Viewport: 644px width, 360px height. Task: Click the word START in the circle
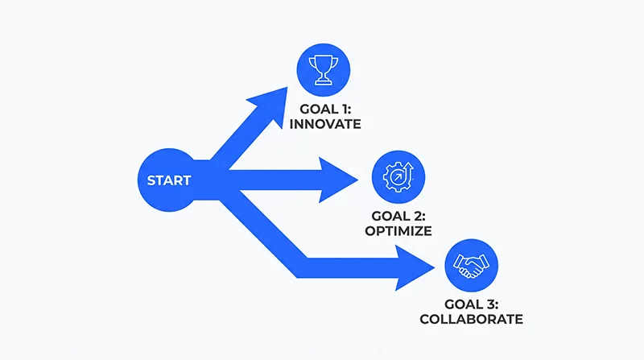(x=169, y=180)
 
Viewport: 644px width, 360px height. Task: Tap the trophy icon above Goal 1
(x=324, y=70)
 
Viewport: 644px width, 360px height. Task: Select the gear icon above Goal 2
(x=398, y=177)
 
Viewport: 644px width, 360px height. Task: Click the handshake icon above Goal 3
(x=471, y=266)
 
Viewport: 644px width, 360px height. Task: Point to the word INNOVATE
(x=325, y=124)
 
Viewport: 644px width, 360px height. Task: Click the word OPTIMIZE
(x=398, y=231)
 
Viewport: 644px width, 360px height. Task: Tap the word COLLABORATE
(x=472, y=319)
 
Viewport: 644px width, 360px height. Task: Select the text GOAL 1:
(x=325, y=110)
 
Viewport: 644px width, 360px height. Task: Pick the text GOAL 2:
(x=398, y=216)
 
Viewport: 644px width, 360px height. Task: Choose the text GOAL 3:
(x=472, y=304)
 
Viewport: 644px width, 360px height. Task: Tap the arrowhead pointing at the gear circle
(x=336, y=180)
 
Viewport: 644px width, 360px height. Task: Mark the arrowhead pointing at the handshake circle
(x=413, y=268)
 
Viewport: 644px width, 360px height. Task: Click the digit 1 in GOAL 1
(x=343, y=110)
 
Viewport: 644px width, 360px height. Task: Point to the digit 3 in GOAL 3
(x=490, y=304)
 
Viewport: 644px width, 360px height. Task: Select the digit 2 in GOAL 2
(x=417, y=216)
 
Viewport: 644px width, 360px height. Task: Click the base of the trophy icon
(x=324, y=83)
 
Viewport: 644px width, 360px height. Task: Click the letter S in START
(x=151, y=180)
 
